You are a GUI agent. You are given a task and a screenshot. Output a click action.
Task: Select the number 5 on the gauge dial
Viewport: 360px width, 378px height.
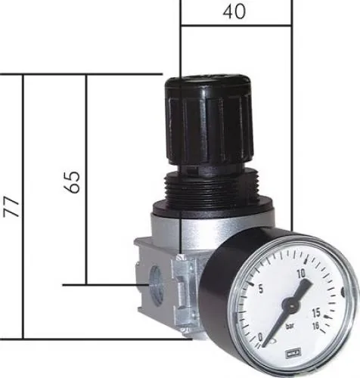[261, 289]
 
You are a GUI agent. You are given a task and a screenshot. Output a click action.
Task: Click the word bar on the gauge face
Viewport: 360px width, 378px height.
[292, 327]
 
